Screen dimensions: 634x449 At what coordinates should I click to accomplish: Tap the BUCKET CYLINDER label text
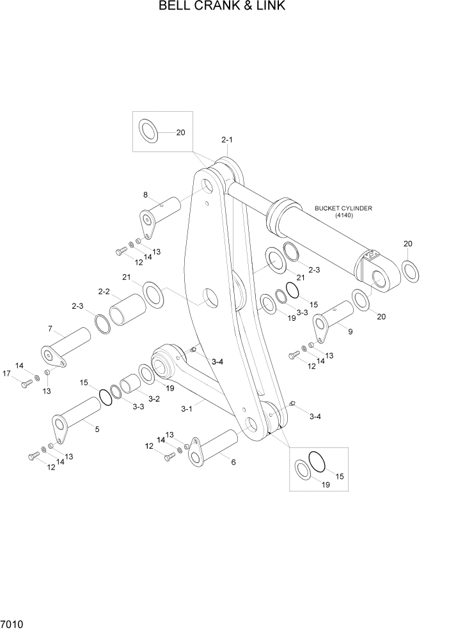point(343,208)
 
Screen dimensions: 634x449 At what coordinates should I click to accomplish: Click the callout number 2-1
point(228,139)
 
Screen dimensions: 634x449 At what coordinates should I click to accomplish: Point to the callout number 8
point(145,195)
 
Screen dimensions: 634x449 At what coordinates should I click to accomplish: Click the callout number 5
point(97,429)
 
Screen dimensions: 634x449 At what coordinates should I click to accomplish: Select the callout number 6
point(233,461)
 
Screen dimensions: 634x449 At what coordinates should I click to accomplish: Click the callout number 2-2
point(104,291)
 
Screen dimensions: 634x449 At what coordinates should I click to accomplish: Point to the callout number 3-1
point(187,408)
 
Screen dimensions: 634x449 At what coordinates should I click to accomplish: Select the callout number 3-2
point(154,399)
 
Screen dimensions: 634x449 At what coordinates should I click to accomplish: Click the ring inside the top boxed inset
point(148,132)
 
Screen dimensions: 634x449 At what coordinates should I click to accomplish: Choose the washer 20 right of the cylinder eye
point(411,270)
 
